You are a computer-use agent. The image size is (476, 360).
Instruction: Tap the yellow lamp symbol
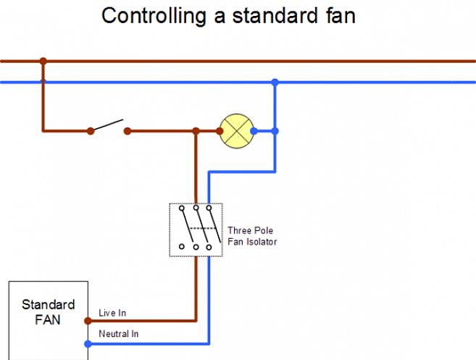pos(234,131)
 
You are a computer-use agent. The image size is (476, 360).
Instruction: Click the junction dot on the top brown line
pos(43,61)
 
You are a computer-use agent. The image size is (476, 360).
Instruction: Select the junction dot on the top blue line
pos(275,83)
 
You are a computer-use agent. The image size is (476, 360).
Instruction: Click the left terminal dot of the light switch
pos(91,131)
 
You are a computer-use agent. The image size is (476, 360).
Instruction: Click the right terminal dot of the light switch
pos(127,131)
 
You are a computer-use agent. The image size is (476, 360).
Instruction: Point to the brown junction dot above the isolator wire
pos(196,131)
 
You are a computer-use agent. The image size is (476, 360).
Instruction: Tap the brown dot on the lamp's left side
pos(220,131)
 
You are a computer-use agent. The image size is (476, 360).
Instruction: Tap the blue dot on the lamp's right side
pos(253,131)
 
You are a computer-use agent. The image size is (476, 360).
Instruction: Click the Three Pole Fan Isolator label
pos(251,236)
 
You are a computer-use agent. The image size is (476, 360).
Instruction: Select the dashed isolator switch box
pos(196,229)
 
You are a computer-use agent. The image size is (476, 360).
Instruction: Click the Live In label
pos(112,313)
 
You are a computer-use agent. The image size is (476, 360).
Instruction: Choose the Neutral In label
pos(118,334)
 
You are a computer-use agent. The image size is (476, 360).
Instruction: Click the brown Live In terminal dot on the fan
pos(88,320)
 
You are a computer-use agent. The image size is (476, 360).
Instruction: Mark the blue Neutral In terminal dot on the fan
pos(88,343)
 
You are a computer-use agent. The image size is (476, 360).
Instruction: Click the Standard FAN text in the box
pos(48,312)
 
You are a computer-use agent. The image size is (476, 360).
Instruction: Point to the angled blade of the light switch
pos(109,125)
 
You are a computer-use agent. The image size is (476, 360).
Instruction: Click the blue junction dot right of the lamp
pos(275,131)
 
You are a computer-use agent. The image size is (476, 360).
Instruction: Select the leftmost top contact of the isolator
pos(182,209)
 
